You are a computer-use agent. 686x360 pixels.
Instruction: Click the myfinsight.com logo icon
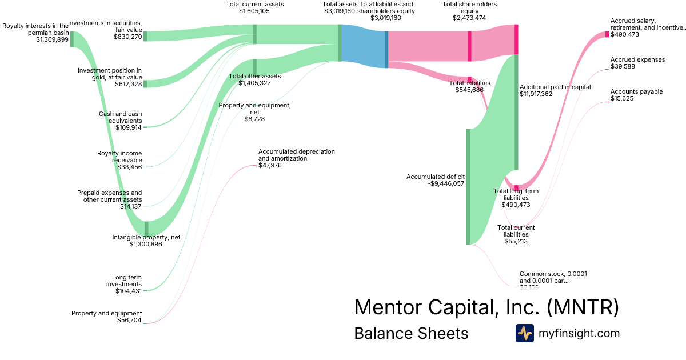[525, 333]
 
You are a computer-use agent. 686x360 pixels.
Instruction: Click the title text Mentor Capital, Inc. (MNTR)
[486, 307]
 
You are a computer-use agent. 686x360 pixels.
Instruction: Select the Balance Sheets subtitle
[411, 333]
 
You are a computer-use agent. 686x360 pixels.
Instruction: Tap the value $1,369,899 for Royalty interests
[52, 40]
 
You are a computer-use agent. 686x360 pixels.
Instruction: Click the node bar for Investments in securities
[145, 36]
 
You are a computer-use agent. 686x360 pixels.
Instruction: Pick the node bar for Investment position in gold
[145, 84]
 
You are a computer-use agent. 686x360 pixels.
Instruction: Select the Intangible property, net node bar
[147, 229]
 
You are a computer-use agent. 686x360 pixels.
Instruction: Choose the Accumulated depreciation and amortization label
[296, 155]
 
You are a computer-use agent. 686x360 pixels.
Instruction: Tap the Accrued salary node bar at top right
[607, 34]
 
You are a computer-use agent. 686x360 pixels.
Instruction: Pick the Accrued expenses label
[637, 59]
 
